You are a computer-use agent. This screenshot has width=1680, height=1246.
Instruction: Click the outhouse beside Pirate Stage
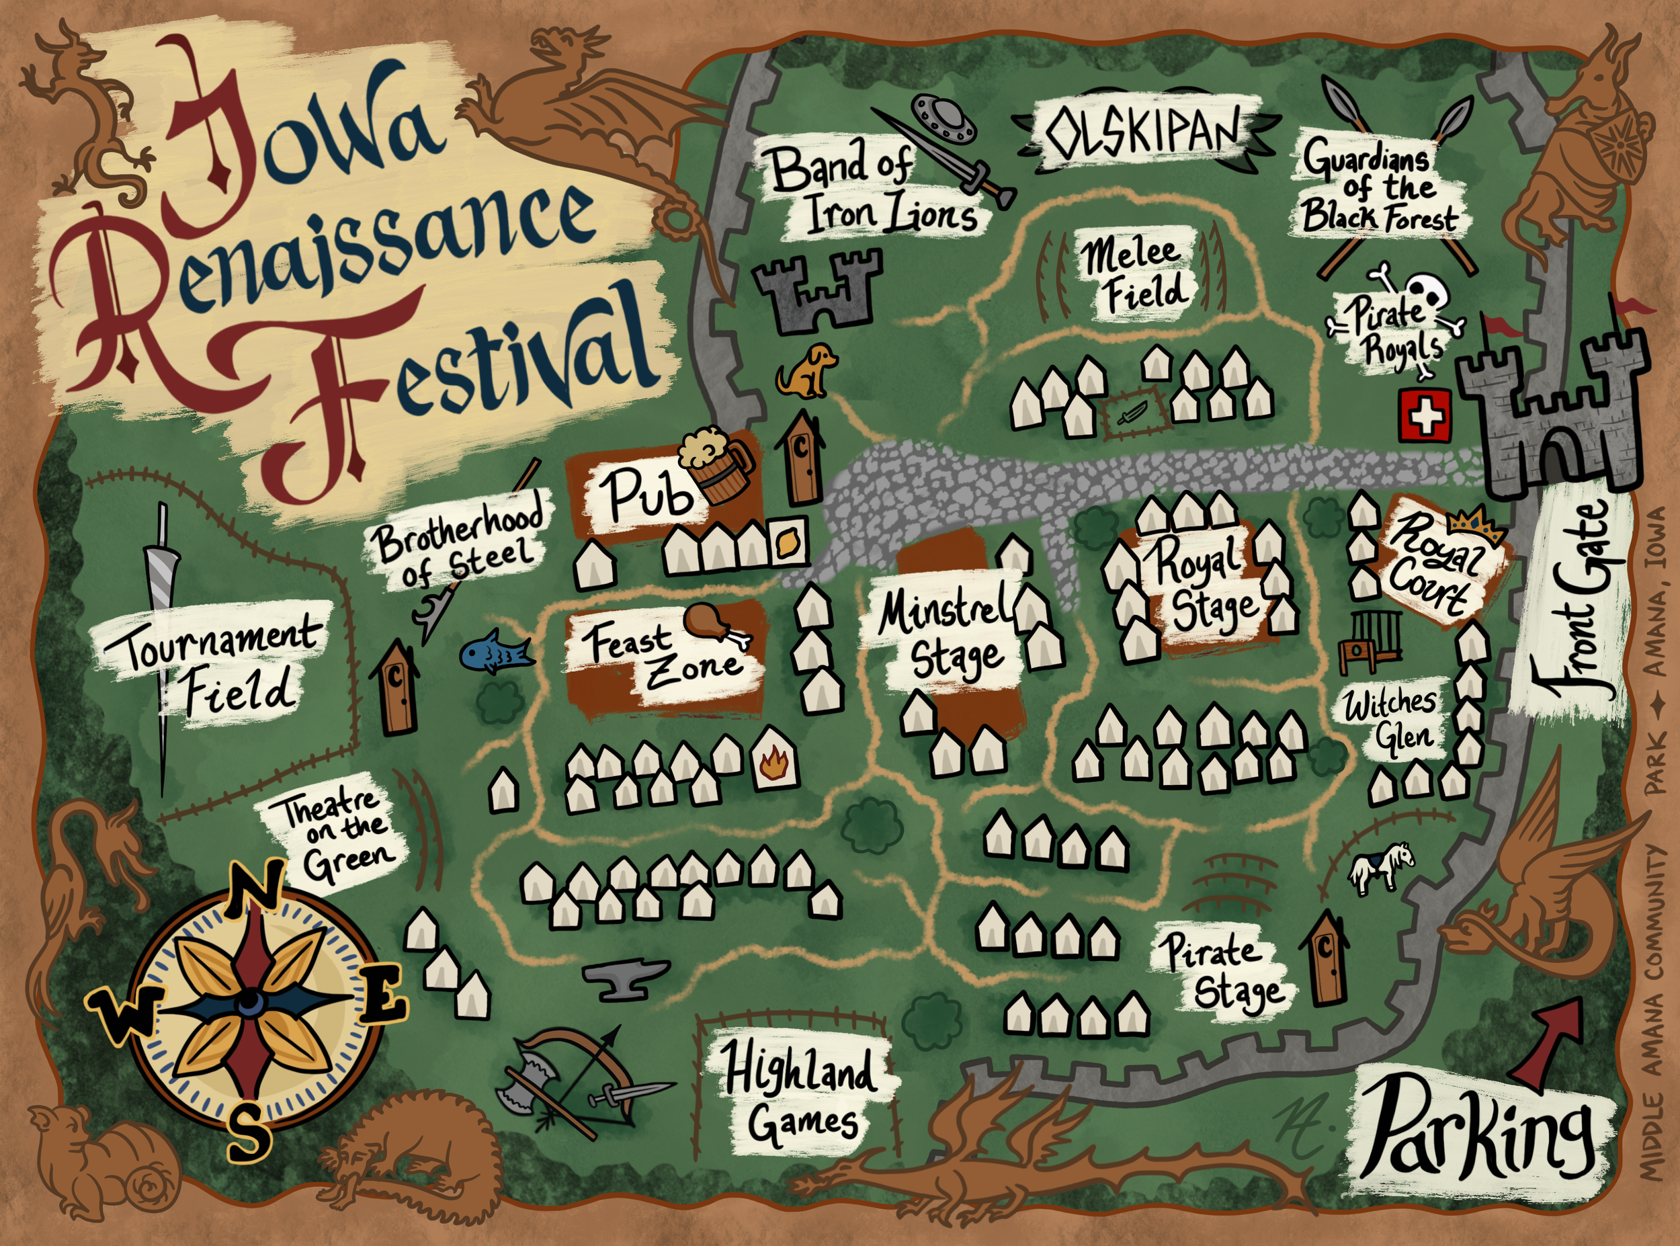coord(1328,960)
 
